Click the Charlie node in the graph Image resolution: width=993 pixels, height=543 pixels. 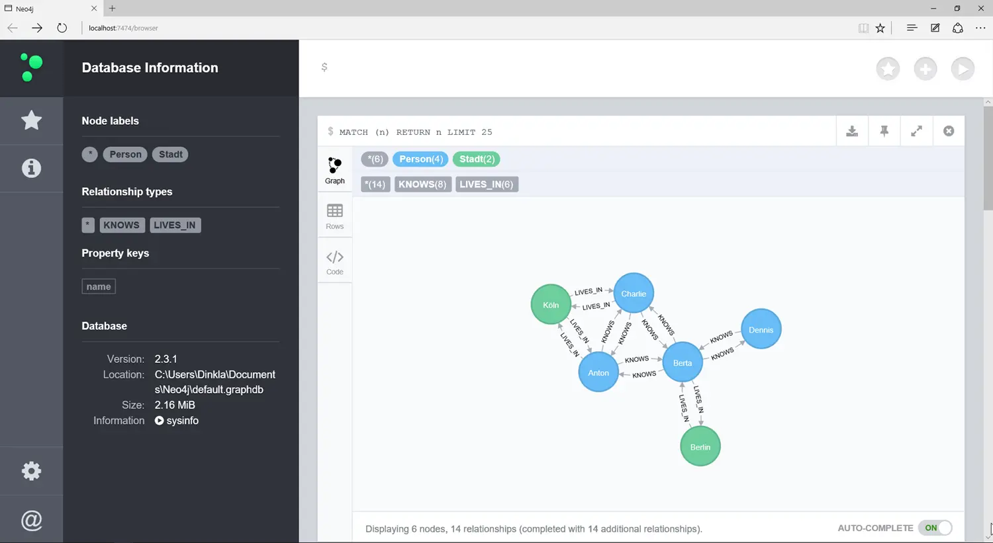(634, 294)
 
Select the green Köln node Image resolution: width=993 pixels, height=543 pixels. (551, 305)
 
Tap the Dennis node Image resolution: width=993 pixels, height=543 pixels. (761, 329)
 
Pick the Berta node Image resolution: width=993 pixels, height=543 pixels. (682, 362)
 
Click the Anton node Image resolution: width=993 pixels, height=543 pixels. (598, 372)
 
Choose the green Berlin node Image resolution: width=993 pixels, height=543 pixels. (700, 447)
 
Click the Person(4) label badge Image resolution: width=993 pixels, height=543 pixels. (420, 159)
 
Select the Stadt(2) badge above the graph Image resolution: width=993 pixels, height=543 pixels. (477, 159)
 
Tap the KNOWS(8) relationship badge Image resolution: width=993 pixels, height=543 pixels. (422, 185)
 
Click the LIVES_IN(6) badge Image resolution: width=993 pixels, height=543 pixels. (487, 185)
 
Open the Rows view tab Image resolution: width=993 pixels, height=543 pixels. (335, 216)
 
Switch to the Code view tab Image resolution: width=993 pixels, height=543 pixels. (335, 262)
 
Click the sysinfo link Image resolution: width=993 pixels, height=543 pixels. (177, 421)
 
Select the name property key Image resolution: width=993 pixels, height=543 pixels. (99, 286)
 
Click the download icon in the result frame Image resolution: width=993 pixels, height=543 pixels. (852, 131)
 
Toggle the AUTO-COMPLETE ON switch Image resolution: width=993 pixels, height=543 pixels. (935, 528)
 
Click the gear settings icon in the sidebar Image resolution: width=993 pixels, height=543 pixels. (31, 471)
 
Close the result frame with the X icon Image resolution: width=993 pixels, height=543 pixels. (949, 131)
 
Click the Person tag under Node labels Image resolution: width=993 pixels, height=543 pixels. (125, 154)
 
